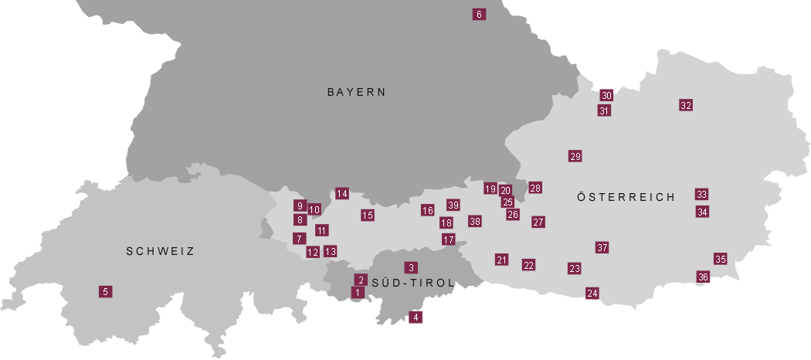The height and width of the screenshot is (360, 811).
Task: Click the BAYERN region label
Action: (356, 92)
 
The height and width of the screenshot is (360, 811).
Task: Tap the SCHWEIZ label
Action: (160, 251)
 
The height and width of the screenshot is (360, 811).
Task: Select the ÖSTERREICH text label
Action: (626, 197)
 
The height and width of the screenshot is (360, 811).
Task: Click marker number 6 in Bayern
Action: (479, 14)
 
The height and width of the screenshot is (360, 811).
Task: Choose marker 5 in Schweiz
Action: (105, 291)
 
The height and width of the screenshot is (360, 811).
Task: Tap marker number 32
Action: (686, 105)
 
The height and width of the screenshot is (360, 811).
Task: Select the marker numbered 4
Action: (416, 317)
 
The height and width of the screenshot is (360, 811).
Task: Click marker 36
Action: (703, 277)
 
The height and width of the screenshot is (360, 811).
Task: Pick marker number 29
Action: (575, 156)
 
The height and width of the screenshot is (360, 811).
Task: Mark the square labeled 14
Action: (342, 193)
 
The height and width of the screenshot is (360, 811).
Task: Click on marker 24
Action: (592, 293)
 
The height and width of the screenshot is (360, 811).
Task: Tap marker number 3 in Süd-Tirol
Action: (411, 267)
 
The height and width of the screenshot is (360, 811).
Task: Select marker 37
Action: (602, 247)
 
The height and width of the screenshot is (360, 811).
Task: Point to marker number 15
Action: (368, 215)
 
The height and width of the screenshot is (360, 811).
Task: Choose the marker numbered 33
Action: (701, 194)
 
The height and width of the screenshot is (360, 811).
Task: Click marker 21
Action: (501, 260)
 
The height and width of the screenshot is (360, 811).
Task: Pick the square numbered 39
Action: (453, 205)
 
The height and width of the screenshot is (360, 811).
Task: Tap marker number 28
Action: (535, 188)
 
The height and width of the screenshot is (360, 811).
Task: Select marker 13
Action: (331, 251)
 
